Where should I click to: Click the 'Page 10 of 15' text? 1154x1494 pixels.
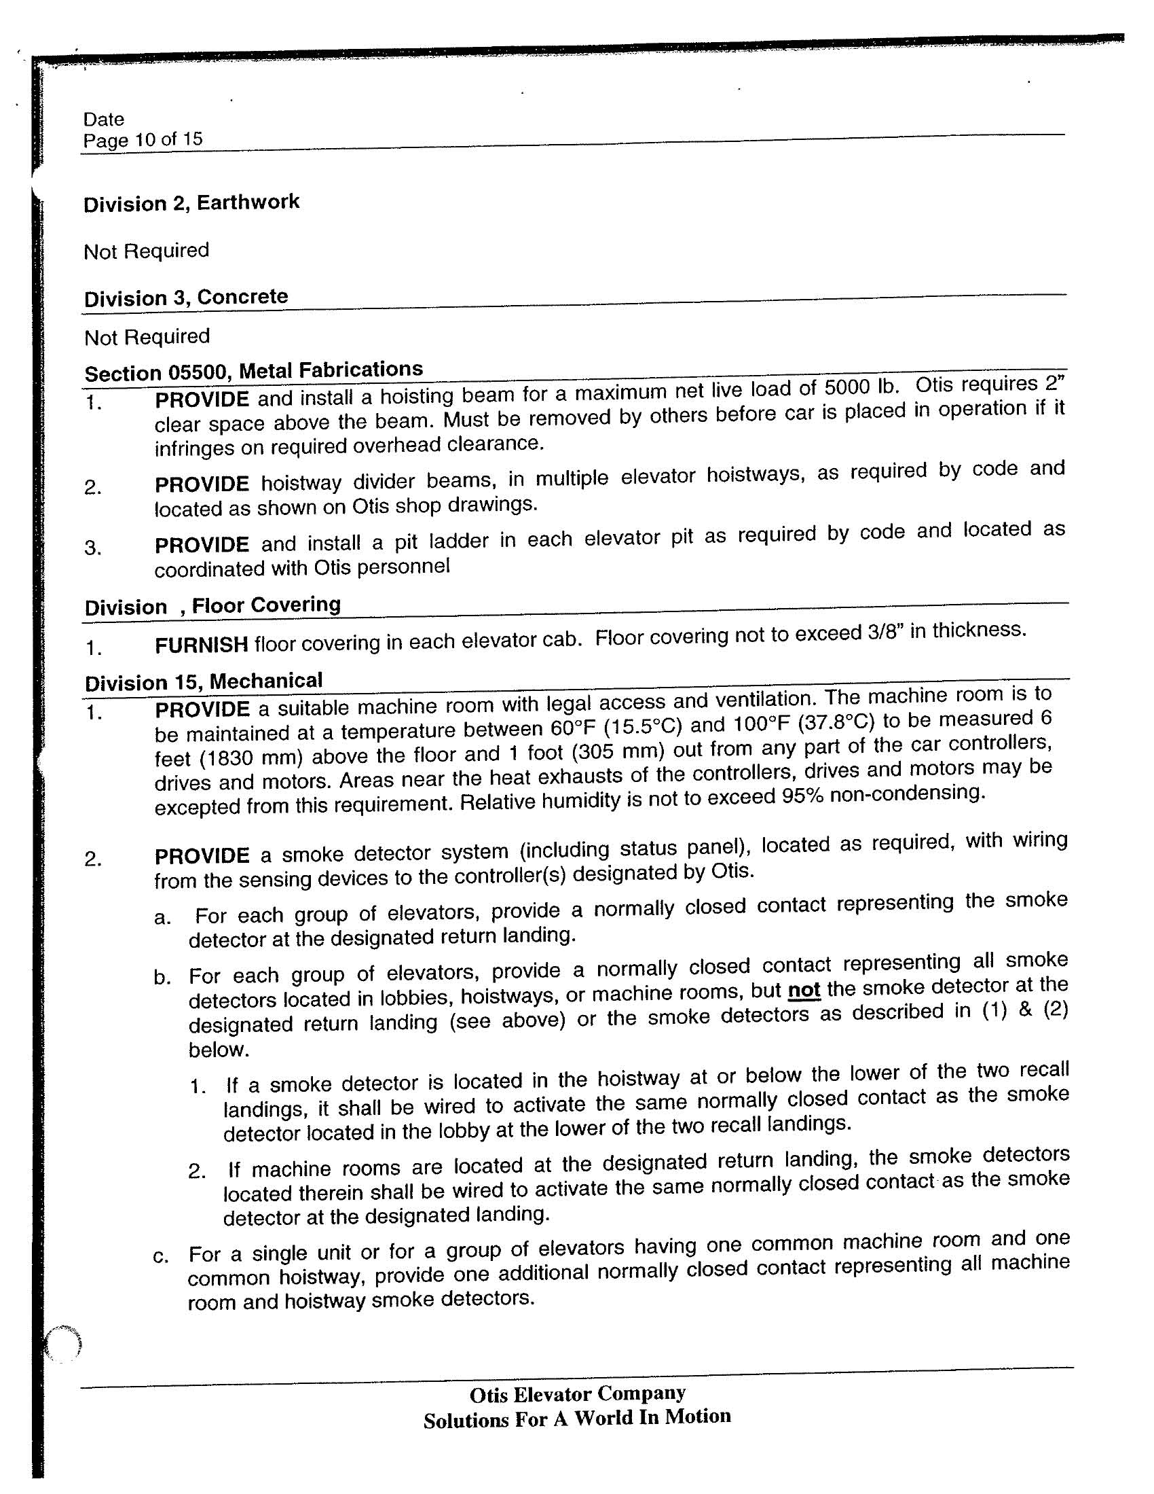tap(143, 139)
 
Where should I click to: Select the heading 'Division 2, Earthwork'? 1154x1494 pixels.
tap(191, 203)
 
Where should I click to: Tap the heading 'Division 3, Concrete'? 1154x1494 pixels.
tap(186, 298)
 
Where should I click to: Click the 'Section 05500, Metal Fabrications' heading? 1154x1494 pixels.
tap(254, 371)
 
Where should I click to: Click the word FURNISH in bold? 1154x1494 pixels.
tap(201, 644)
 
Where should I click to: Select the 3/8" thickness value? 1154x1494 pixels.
tap(885, 633)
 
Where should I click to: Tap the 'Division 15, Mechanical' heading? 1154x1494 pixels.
tap(203, 681)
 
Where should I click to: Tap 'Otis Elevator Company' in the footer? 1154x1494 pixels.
tap(578, 1394)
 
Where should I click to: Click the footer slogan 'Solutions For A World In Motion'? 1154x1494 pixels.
tap(577, 1418)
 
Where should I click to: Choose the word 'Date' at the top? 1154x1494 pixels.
tap(104, 119)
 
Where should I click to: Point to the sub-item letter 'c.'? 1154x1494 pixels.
tap(162, 1257)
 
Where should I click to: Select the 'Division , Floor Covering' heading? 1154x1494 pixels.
tap(212, 606)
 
